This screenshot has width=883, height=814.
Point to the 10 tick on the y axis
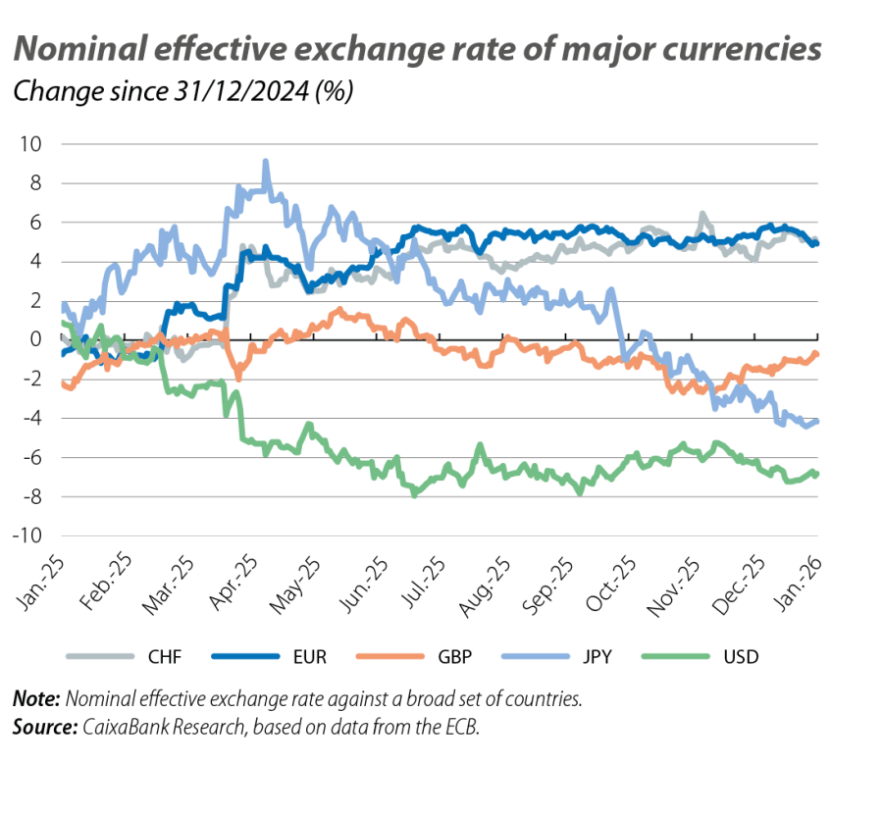tap(31, 144)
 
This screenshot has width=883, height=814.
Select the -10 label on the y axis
tap(26, 536)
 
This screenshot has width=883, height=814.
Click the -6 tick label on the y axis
tap(30, 458)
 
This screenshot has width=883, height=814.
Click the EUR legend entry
tap(309, 657)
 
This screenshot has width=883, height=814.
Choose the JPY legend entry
tap(597, 657)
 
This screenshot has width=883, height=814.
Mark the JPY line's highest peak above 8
tap(266, 162)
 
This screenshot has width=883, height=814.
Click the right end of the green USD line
tap(816, 475)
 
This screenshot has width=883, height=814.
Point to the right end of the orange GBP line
tap(816, 354)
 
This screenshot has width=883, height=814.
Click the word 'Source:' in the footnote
tap(43, 730)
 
